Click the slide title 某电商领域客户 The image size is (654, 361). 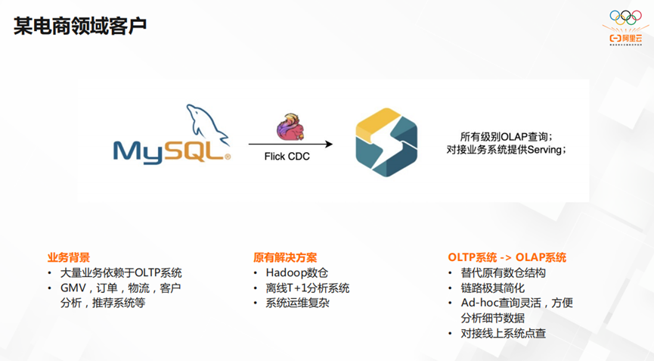80,26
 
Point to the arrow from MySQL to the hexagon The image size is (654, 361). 290,143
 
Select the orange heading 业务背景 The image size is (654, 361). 69,257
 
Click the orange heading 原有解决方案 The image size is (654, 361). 285,257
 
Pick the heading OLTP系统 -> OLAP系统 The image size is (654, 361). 507,257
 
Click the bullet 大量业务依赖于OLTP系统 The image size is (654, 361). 121,272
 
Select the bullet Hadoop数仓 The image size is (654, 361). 296,272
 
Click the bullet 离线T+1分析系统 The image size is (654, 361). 307,288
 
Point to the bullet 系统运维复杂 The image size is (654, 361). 296,303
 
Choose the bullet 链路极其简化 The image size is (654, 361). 492,288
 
